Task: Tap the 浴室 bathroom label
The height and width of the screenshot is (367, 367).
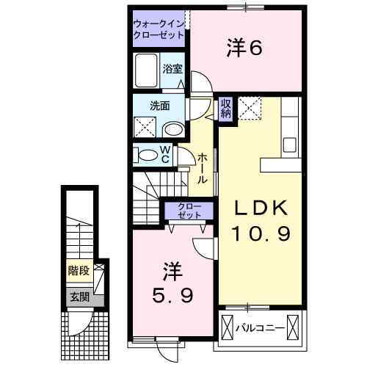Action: tap(172, 71)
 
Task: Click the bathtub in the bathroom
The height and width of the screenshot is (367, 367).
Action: tap(147, 71)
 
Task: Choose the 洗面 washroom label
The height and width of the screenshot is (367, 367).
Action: tap(160, 105)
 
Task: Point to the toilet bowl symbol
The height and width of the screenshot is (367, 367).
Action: tap(149, 155)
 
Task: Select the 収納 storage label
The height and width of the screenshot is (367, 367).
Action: tap(227, 109)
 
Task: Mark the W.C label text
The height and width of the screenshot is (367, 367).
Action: tap(166, 156)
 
